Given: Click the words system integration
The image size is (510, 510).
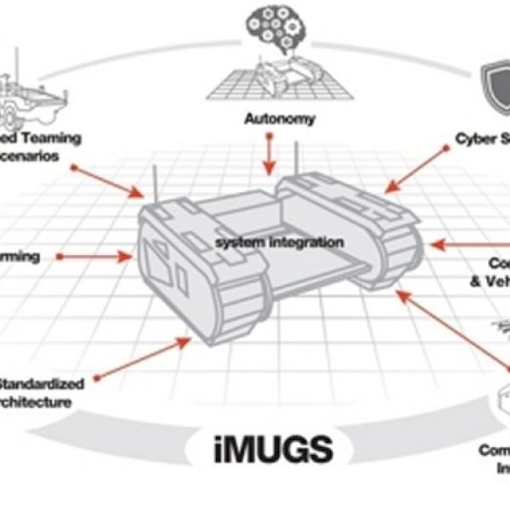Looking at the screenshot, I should click(x=279, y=243).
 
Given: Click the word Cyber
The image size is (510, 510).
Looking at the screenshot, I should click(x=477, y=138).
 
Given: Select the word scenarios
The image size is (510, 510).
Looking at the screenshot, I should click(x=41, y=156).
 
